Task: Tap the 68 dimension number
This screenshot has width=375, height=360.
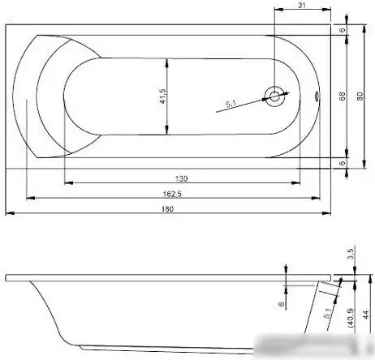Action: click(343, 96)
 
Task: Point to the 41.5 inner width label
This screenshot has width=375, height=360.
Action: click(163, 96)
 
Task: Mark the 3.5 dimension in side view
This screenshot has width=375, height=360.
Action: click(350, 254)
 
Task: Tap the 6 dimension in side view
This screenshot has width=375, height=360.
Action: click(282, 305)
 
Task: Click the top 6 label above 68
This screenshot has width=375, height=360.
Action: click(343, 30)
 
